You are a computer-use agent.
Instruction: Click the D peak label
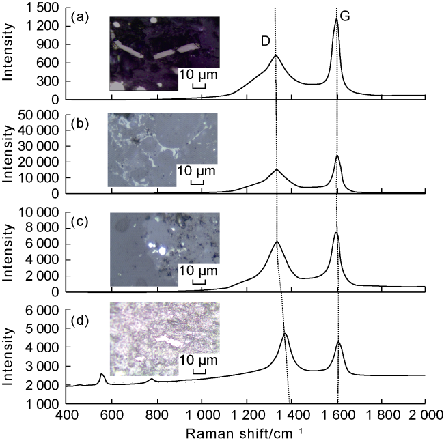click(x=266, y=41)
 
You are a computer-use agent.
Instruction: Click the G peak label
click(x=345, y=16)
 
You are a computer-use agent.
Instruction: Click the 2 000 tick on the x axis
click(x=425, y=415)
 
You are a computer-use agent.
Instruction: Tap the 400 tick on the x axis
click(x=66, y=415)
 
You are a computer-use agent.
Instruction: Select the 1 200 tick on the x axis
click(x=247, y=415)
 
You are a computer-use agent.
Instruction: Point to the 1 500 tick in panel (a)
click(x=43, y=7)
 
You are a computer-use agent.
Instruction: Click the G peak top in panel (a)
click(x=337, y=19)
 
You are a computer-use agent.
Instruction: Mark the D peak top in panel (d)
click(x=285, y=334)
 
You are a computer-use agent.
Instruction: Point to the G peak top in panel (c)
click(x=336, y=233)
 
